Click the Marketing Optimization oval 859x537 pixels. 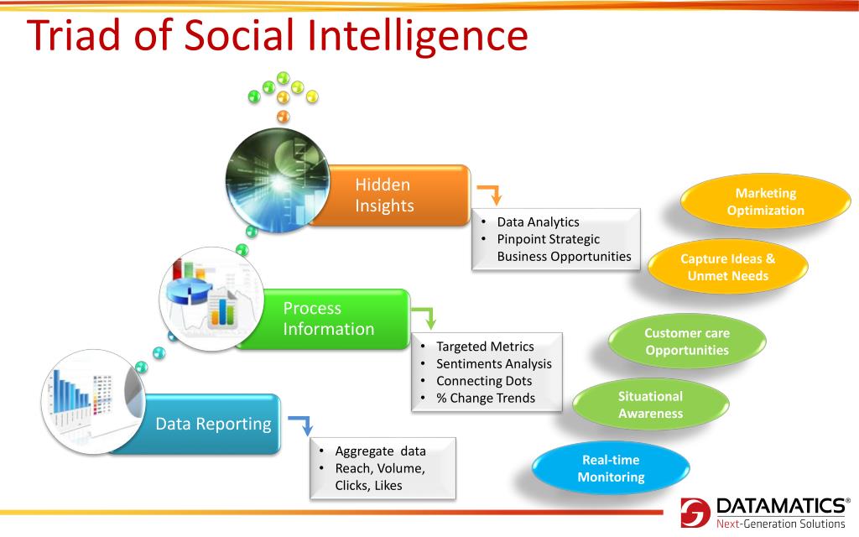765,202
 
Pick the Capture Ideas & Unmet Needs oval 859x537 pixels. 727,267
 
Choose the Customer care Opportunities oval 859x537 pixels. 687,341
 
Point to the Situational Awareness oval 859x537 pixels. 650,404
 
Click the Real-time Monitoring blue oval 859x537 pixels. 611,469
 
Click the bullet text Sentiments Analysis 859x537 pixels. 493,363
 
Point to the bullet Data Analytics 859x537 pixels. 538,222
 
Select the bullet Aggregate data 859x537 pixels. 380,451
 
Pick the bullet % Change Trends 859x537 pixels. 485,398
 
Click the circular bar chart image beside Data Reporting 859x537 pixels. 94,402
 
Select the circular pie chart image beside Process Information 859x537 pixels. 211,299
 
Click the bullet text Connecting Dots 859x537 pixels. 483,380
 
